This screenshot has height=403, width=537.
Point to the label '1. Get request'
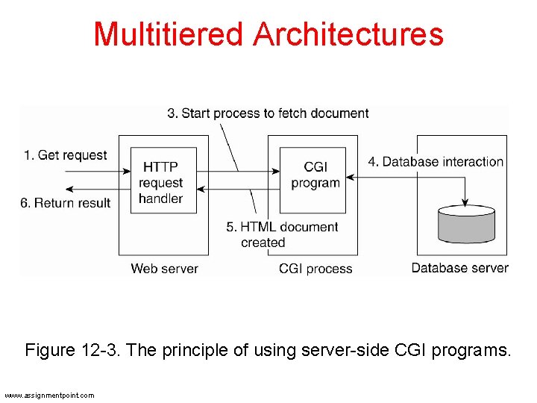tap(65, 155)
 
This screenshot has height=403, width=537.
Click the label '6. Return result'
tap(65, 202)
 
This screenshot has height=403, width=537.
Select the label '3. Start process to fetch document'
tap(268, 113)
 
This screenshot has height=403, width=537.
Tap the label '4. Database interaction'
tap(436, 161)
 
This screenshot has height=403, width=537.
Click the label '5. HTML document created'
tap(282, 234)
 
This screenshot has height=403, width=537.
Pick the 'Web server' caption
tap(165, 269)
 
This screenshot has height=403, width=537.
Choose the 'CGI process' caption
tap(315, 269)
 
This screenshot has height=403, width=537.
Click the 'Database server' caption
tap(459, 267)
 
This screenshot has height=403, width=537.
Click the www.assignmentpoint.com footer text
tap(49, 395)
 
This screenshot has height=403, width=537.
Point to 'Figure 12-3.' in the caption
tap(73, 350)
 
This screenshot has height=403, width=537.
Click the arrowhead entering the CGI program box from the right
tap(350, 178)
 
